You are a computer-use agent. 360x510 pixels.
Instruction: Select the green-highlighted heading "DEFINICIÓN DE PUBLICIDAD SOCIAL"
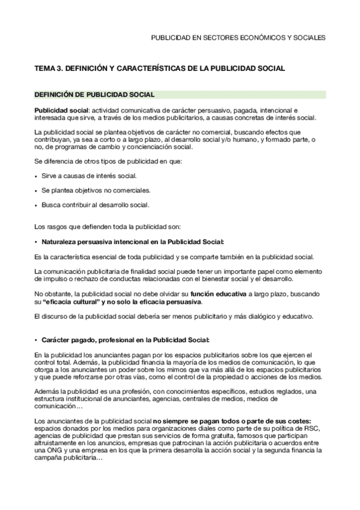94,94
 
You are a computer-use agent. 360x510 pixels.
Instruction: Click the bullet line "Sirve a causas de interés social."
89,176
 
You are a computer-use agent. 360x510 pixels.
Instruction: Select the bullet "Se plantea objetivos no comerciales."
96,190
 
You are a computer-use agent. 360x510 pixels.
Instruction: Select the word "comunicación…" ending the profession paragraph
57,405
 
